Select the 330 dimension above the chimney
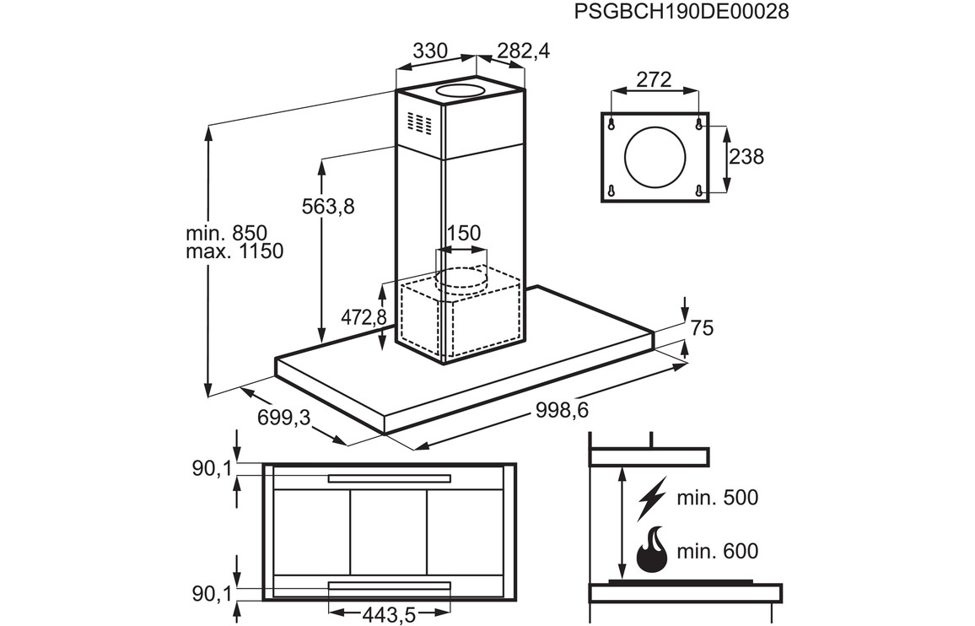[429, 51]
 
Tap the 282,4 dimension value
[523, 51]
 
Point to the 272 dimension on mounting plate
[654, 80]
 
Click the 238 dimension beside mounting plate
[746, 156]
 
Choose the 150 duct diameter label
[463, 233]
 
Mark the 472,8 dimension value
[364, 317]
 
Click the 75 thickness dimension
[702, 328]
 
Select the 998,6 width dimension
[561, 410]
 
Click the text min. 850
[226, 233]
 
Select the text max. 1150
[233, 251]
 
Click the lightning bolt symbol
[652, 497]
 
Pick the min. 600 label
[718, 552]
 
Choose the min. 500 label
[718, 498]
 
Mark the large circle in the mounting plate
[654, 156]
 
